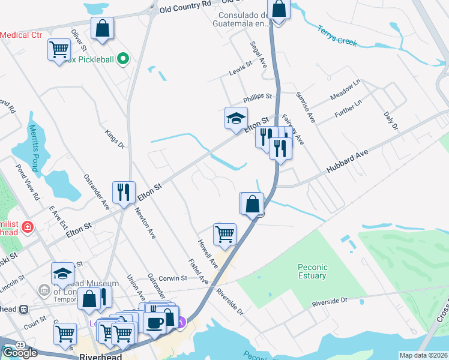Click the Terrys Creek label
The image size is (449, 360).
point(337,35)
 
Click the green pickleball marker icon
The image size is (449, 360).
point(123,59)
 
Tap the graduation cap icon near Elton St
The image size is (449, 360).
point(236,118)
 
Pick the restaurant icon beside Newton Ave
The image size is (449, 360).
point(124,192)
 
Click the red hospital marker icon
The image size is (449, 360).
point(27,227)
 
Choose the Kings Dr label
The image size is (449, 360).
point(114,139)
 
